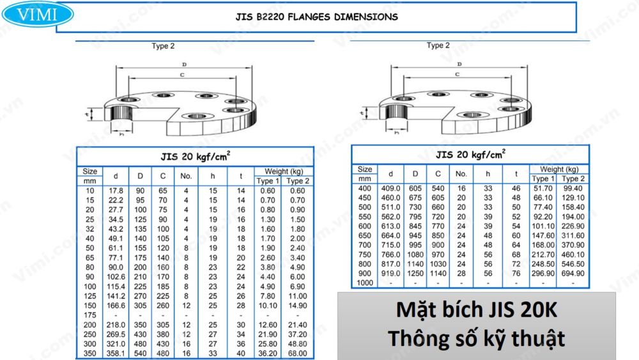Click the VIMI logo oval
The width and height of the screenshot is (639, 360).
click(x=38, y=14)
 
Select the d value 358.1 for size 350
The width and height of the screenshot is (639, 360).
click(x=116, y=354)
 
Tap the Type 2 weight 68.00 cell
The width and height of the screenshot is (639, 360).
click(x=298, y=354)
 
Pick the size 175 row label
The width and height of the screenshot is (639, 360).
click(x=89, y=315)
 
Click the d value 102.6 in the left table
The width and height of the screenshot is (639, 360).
click(x=116, y=277)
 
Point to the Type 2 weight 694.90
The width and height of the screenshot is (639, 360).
click(x=573, y=273)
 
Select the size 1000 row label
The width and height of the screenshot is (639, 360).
click(x=365, y=283)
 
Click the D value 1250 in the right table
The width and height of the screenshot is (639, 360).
click(x=415, y=273)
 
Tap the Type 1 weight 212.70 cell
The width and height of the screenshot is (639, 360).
click(x=543, y=254)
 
